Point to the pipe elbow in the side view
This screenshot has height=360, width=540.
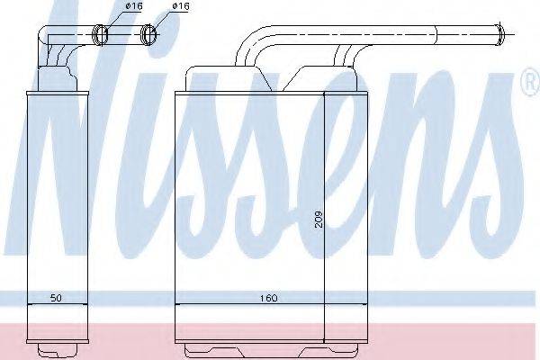click(x=45, y=40)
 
